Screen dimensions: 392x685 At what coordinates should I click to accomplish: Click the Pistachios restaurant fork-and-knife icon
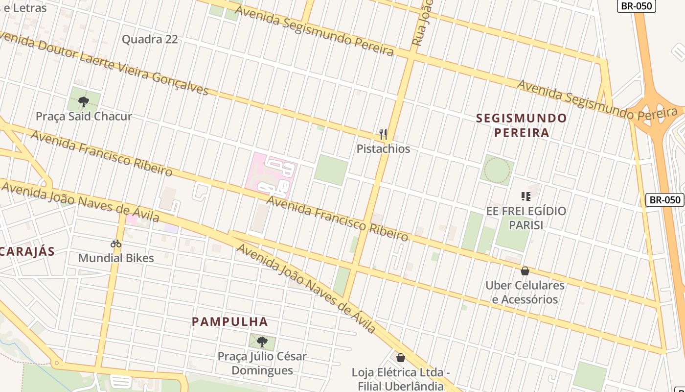tap(383, 134)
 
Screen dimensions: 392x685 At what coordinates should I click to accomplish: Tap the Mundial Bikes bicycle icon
tap(116, 244)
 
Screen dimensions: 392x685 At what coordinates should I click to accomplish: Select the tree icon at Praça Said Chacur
tap(84, 102)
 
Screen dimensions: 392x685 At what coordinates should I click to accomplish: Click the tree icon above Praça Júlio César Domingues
tap(262, 342)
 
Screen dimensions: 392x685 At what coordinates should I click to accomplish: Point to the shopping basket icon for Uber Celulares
tap(525, 271)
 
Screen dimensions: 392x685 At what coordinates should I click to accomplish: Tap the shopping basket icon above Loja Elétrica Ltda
tap(401, 358)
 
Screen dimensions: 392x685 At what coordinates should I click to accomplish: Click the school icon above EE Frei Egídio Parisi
tap(526, 197)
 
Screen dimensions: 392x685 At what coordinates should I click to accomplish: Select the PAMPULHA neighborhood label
tap(230, 322)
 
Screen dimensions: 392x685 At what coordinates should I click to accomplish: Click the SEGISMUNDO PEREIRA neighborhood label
tap(521, 125)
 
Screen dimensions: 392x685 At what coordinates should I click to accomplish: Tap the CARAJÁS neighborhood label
tap(27, 252)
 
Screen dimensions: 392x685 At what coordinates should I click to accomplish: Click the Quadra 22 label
tap(150, 39)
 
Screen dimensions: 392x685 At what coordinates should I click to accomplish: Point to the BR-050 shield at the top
tap(636, 6)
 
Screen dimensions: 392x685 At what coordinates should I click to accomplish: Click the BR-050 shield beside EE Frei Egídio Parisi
tap(665, 200)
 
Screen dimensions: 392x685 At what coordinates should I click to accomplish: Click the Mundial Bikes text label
tap(116, 258)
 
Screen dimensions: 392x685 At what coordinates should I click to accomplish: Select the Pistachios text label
tap(383, 149)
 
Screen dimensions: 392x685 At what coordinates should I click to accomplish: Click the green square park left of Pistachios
tap(331, 170)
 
